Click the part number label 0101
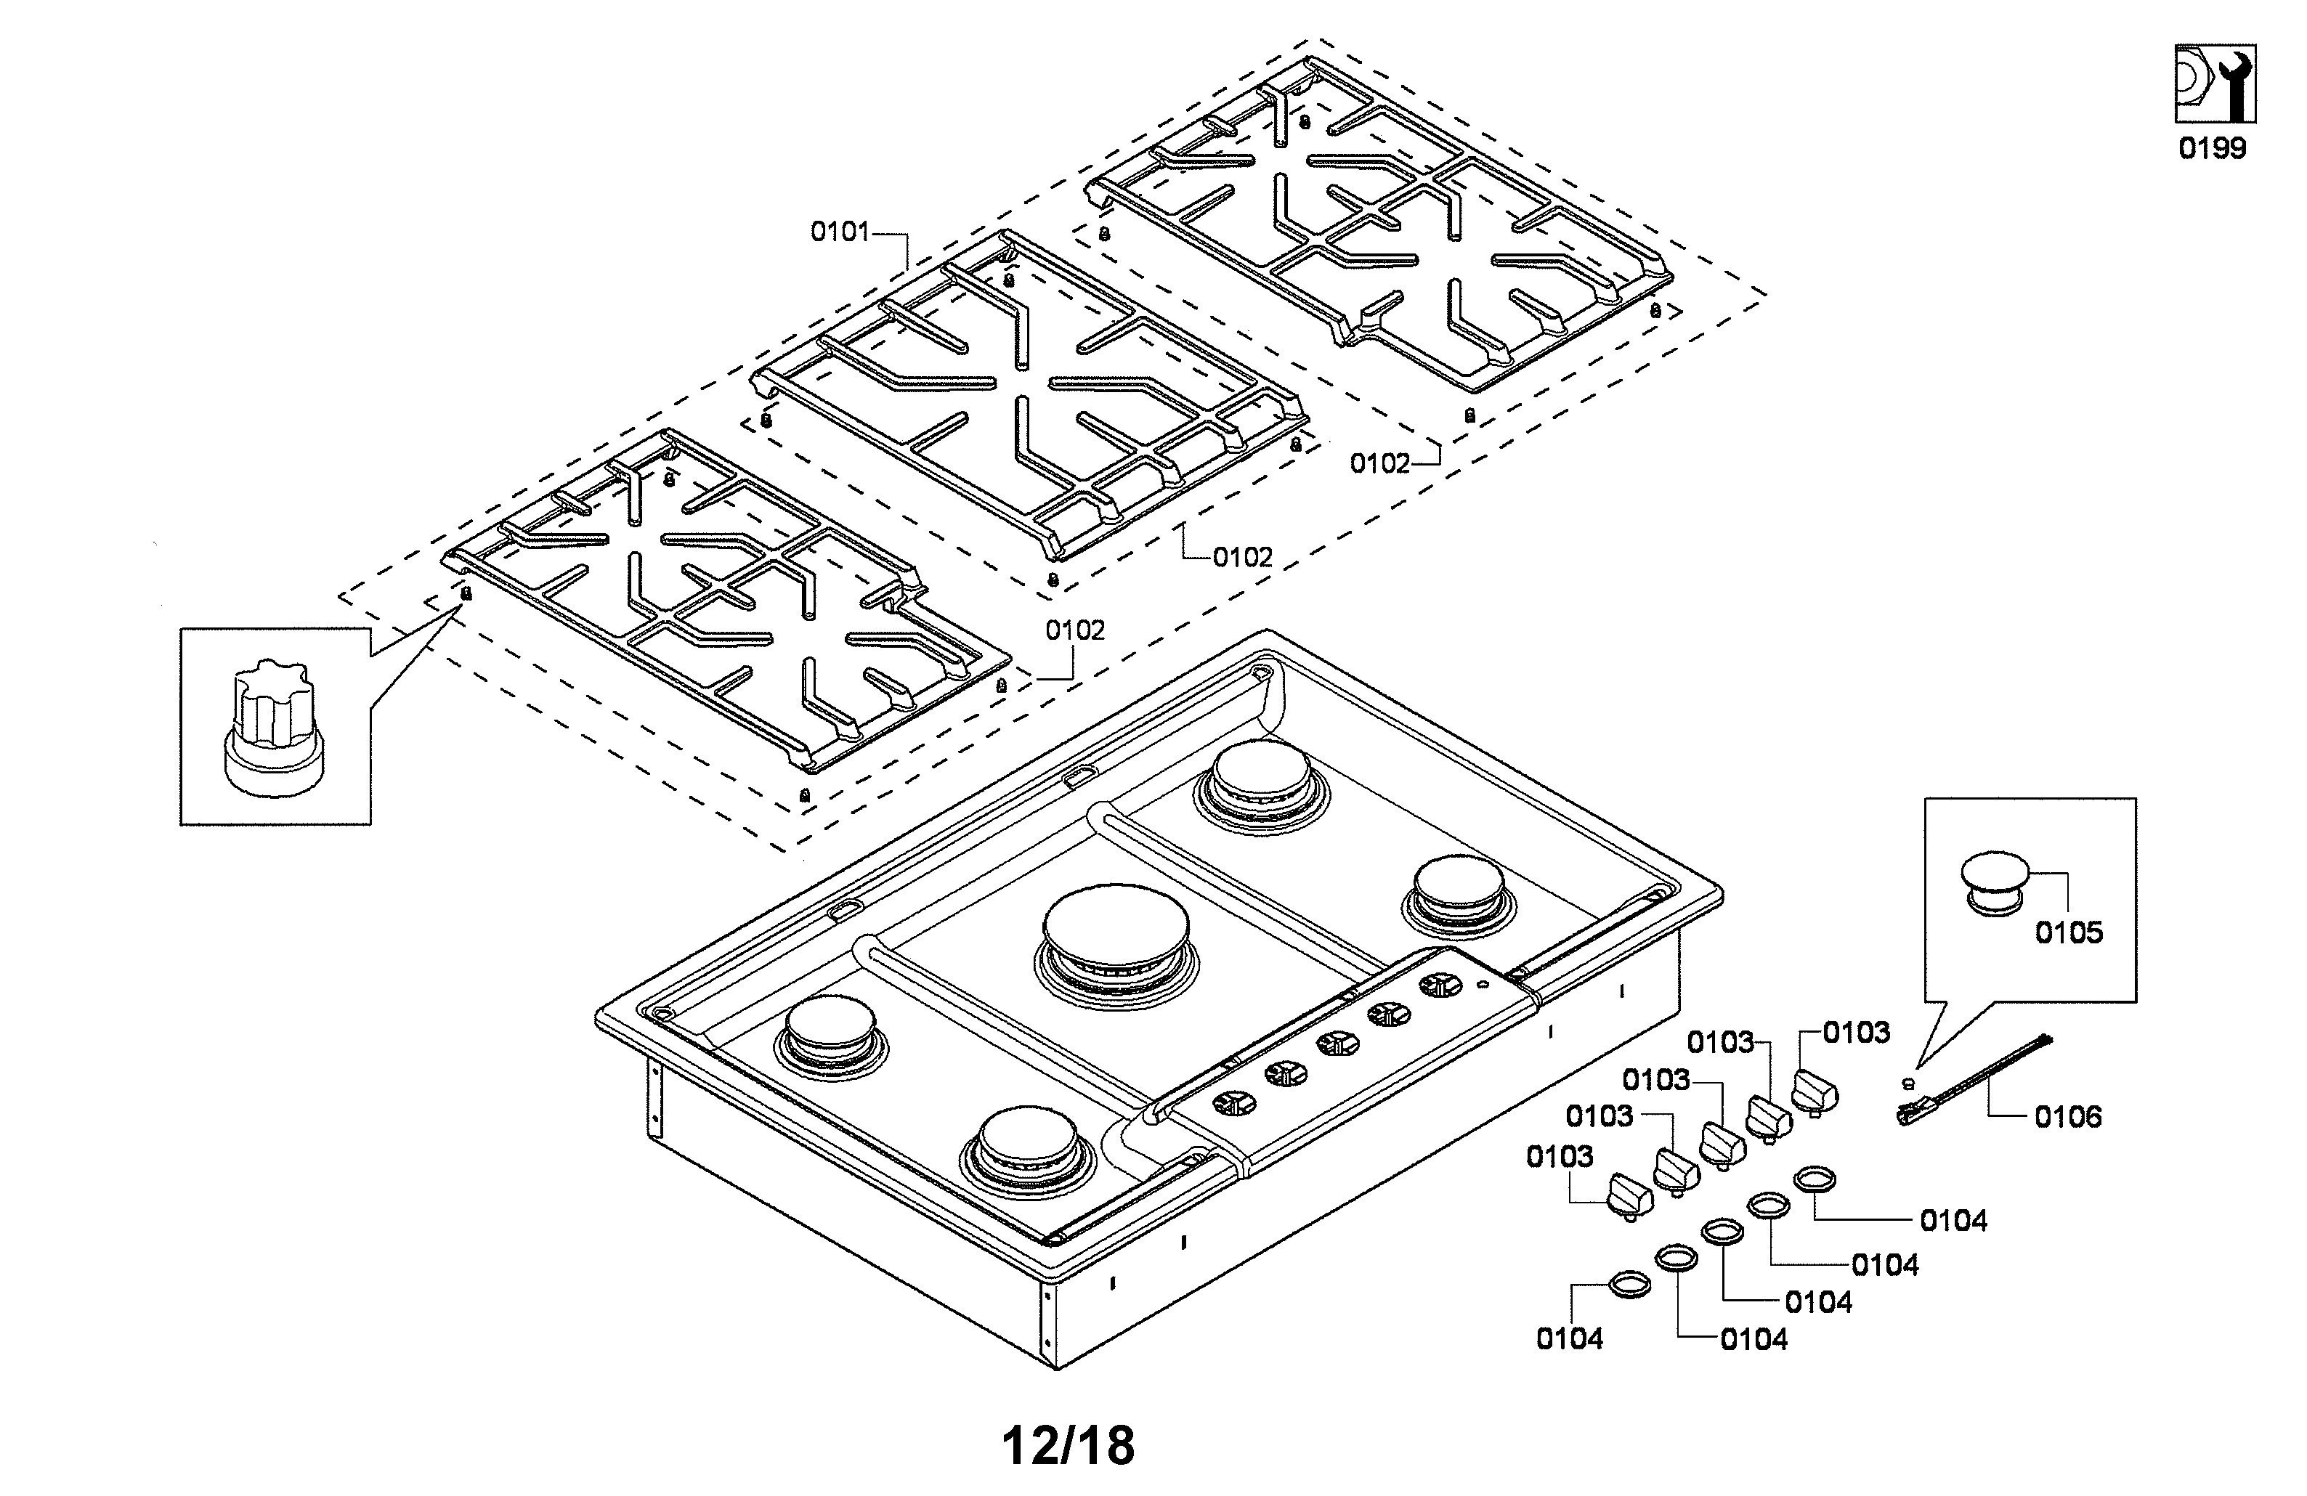click(x=840, y=232)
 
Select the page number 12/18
click(x=1067, y=1446)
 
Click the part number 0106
click(x=2067, y=1117)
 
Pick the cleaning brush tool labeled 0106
click(x=1968, y=1078)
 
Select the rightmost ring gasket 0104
click(x=1815, y=1179)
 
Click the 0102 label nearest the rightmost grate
click(x=1379, y=464)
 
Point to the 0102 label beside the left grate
click(x=1074, y=631)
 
